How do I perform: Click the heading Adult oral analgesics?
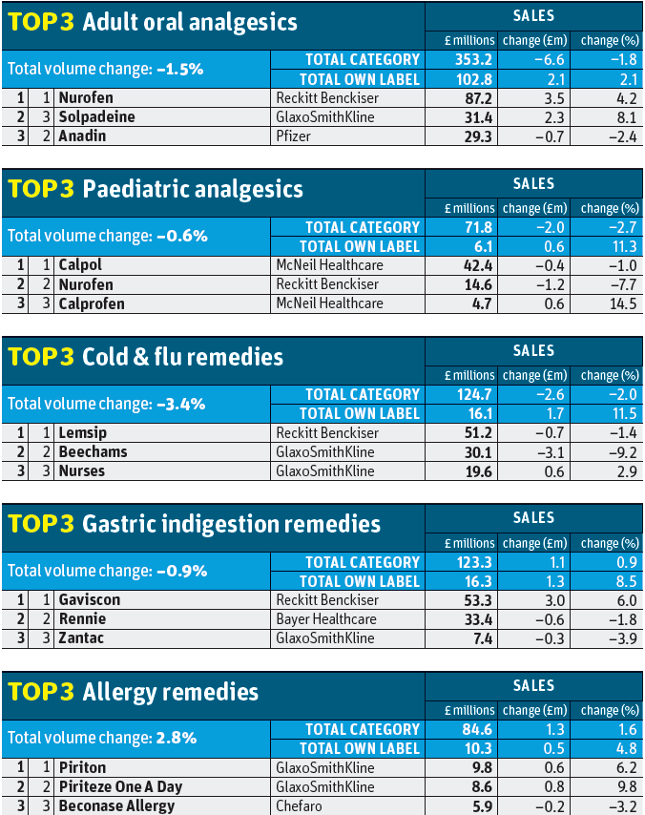[190, 22]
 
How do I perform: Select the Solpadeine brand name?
[96, 116]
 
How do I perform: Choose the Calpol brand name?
[80, 265]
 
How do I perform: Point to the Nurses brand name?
[82, 470]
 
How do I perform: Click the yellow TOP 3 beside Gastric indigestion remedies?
[41, 524]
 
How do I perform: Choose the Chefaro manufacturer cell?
[300, 805]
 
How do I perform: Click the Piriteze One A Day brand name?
[119, 786]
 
